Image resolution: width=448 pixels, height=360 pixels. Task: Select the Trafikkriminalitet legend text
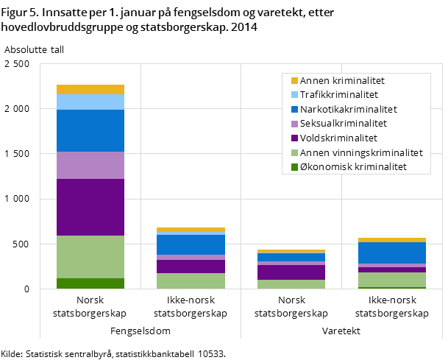(x=339, y=95)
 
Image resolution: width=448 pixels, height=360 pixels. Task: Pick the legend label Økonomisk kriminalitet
(x=353, y=167)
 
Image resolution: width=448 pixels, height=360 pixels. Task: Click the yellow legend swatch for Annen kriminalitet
(x=294, y=80)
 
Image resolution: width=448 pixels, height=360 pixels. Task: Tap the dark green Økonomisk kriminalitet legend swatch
(x=294, y=167)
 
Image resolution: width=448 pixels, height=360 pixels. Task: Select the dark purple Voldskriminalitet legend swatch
(x=294, y=138)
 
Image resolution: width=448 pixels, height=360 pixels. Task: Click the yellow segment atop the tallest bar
(x=90, y=89)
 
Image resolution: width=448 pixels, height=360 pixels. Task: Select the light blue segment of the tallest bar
(x=90, y=102)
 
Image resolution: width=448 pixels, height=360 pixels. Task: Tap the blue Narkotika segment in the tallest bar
(x=90, y=130)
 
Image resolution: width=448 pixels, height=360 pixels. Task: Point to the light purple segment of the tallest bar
(x=90, y=165)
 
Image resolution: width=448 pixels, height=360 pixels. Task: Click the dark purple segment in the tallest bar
(x=90, y=207)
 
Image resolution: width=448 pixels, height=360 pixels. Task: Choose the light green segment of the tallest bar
(x=90, y=257)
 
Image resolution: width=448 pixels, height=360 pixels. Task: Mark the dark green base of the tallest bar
(x=90, y=283)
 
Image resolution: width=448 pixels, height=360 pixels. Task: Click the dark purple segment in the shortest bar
(x=291, y=272)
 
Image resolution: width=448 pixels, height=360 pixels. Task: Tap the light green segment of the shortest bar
(x=291, y=284)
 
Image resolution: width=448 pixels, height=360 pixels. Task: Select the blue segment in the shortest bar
(x=291, y=257)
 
